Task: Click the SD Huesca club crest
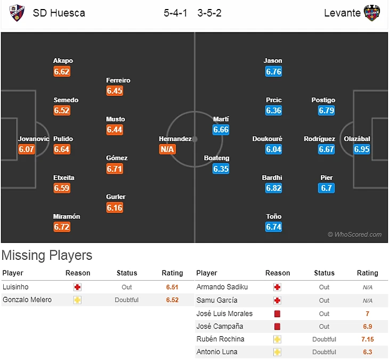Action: pos(17,13)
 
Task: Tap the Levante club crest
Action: pos(371,13)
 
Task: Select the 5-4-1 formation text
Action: pos(175,13)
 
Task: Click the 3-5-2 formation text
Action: pos(210,13)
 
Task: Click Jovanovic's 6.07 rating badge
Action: pos(27,149)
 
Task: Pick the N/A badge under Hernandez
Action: pos(167,149)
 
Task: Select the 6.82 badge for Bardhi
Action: pos(273,188)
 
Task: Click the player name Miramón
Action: pos(67,216)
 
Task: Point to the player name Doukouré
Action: pos(268,138)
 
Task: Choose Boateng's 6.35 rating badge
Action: pos(221,169)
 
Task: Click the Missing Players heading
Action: pos(47,255)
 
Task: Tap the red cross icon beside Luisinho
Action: pos(78,287)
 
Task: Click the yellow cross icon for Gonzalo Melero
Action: pos(78,300)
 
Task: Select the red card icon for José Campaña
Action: pos(277,326)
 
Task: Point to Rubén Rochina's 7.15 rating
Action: pos(367,339)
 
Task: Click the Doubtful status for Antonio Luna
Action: pos(324,352)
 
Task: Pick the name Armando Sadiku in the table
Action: pos(222,287)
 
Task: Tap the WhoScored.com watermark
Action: pos(354,234)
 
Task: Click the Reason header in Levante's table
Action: pos(278,273)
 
